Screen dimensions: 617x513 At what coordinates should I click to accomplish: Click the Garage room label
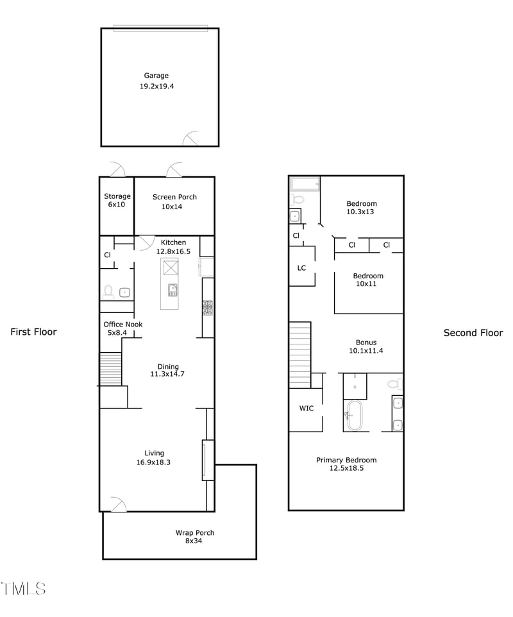point(156,76)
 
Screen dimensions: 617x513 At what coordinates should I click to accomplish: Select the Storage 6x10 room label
point(117,200)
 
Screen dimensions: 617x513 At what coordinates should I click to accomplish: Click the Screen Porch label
point(174,197)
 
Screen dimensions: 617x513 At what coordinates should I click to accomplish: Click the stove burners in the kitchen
point(208,308)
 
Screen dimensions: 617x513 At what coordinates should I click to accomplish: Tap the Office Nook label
point(123,325)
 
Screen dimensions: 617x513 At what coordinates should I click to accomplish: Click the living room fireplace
point(208,459)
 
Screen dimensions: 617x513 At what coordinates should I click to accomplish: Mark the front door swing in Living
point(117,505)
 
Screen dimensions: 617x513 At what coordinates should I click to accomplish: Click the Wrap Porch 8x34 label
point(195,537)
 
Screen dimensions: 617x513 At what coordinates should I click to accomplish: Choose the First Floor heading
point(33,332)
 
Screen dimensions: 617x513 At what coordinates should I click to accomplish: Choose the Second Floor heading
point(473,333)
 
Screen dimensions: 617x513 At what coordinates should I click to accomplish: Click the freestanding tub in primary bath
point(353,416)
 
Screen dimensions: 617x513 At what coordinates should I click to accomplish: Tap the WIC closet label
point(307,409)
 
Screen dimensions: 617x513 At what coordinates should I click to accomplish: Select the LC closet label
point(302,267)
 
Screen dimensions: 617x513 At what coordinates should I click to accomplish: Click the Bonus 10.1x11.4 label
point(366,346)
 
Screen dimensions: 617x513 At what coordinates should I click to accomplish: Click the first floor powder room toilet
point(108,292)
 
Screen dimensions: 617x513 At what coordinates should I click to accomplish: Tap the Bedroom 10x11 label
point(368,280)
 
